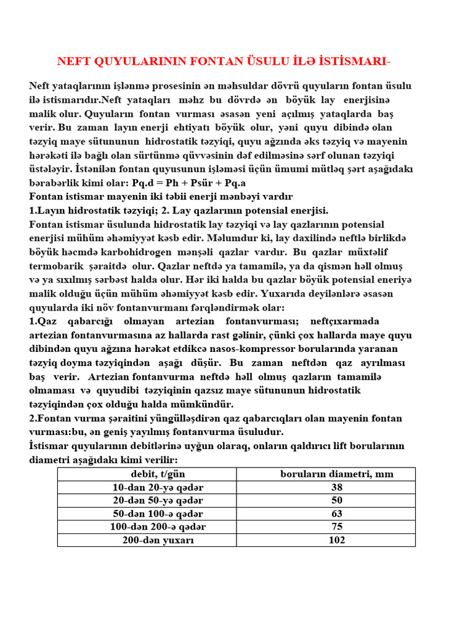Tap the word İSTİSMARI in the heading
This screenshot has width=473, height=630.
pyautogui.click(x=352, y=61)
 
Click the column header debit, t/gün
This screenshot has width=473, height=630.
pyautogui.click(x=158, y=474)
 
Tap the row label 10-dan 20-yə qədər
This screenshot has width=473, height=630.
pyautogui.click(x=158, y=487)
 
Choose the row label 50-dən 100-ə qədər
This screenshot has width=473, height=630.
pyautogui.click(x=158, y=514)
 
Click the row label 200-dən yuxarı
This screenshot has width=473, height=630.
pyautogui.click(x=158, y=540)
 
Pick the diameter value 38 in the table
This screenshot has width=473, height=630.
pyautogui.click(x=336, y=487)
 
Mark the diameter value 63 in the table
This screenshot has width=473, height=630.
pyautogui.click(x=336, y=514)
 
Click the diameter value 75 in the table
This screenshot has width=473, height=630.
pyautogui.click(x=336, y=527)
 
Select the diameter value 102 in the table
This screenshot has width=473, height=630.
pyautogui.click(x=336, y=540)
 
